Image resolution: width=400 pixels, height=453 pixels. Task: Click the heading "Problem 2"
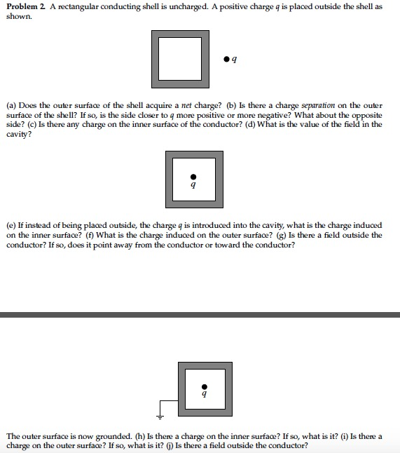(x=26, y=6)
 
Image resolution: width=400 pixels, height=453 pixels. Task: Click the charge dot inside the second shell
(x=194, y=177)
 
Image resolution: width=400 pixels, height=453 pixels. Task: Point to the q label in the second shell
(x=194, y=186)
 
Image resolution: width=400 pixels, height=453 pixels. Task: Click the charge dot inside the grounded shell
(x=204, y=386)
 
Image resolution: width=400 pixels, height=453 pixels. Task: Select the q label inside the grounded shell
(x=204, y=395)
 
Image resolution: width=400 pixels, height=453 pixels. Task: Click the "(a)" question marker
(x=12, y=106)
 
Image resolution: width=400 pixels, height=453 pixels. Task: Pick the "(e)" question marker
(x=12, y=226)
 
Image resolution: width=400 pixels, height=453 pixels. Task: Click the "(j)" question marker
(x=167, y=445)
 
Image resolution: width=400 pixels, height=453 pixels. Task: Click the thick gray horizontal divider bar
(x=200, y=314)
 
